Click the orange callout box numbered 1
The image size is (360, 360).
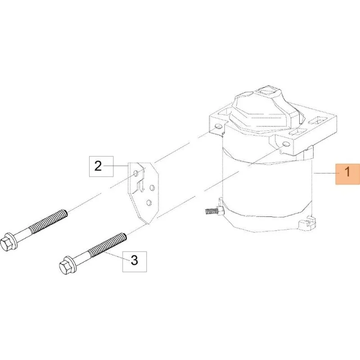coord(347,174)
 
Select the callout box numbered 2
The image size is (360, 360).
coord(101,166)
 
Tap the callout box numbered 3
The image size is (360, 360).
coord(135,261)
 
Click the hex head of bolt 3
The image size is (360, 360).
coord(65,266)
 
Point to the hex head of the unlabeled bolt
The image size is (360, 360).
coord(7,243)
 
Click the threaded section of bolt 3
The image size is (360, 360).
coord(107,244)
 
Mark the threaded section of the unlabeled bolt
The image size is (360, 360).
coord(48,220)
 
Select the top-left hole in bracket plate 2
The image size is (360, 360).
coord(136,173)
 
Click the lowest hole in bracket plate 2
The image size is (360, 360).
coord(149,202)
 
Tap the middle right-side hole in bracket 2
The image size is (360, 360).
coord(152,188)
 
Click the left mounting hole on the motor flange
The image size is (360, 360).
coord(218,126)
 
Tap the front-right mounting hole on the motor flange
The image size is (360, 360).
coord(286,144)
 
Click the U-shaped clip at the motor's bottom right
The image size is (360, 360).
coord(306,222)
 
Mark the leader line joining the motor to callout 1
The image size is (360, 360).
coord(324,174)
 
